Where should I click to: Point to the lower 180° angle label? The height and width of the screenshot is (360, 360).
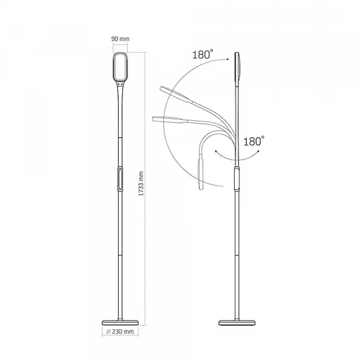click(x=254, y=141)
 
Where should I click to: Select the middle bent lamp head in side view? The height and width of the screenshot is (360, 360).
click(x=165, y=117)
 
